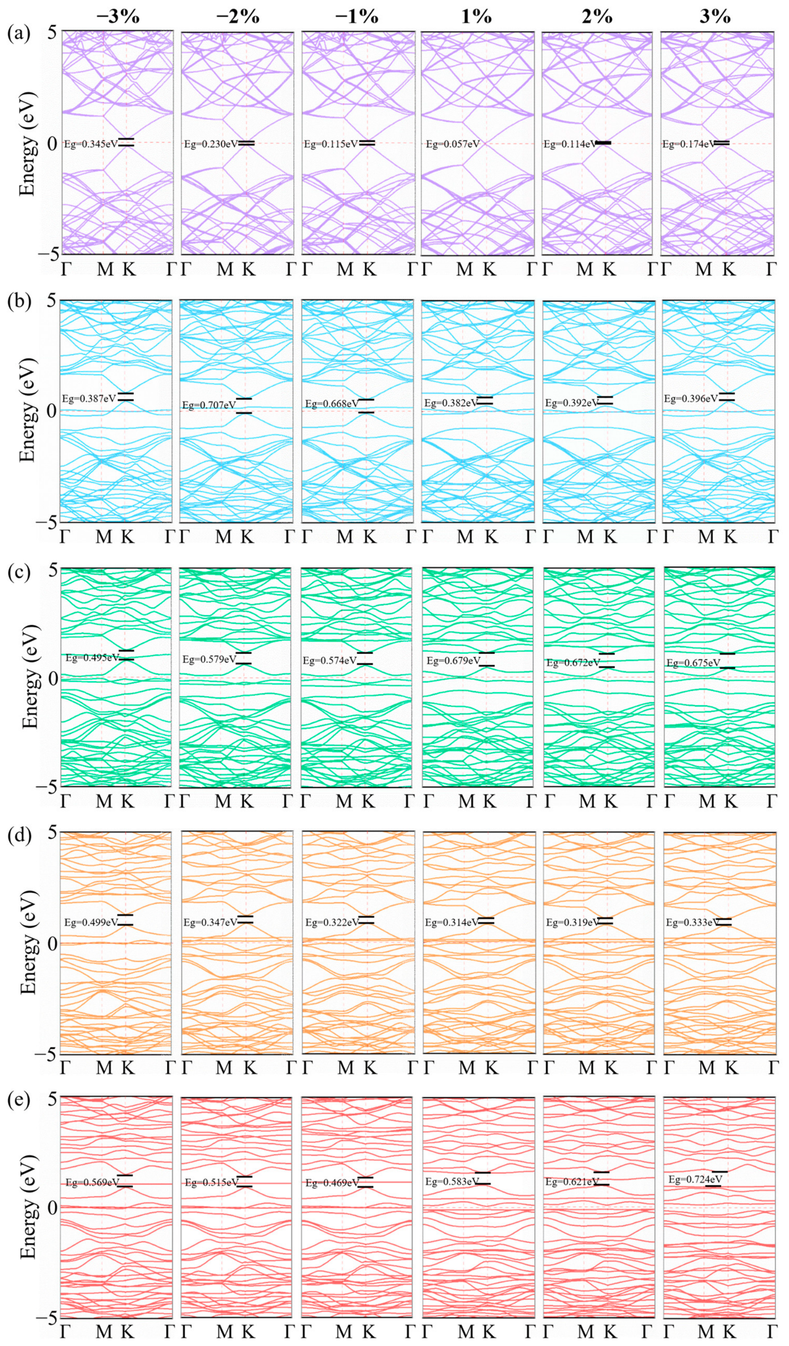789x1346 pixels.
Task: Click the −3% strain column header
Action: point(118,16)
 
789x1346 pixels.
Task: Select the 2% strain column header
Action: point(597,16)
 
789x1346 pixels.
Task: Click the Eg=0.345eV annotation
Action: point(90,144)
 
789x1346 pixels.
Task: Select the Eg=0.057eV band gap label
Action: point(452,144)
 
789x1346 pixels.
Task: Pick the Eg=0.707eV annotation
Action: point(209,406)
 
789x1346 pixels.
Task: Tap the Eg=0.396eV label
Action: point(691,398)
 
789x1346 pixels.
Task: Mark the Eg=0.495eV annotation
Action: point(92,658)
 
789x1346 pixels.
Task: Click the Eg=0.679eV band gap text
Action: point(453,660)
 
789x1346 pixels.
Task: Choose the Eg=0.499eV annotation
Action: point(92,923)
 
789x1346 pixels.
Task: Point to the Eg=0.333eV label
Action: point(693,923)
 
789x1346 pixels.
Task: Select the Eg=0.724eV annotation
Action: point(696,1179)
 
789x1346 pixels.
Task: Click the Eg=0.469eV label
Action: point(332,1183)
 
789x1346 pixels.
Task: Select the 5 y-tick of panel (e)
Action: point(52,1097)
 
